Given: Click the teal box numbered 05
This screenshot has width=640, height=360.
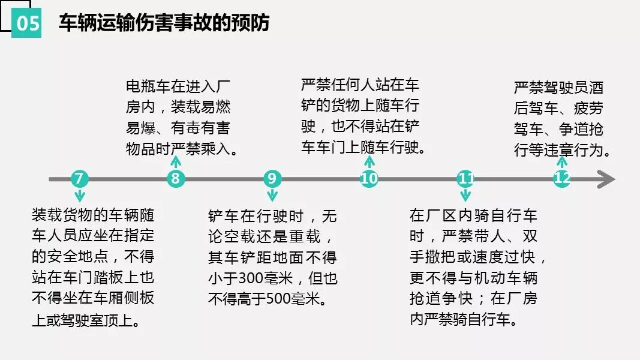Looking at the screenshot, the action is point(27,23).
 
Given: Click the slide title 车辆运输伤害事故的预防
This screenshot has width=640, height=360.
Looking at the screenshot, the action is point(164,23).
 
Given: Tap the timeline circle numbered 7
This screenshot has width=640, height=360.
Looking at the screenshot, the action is point(79,178).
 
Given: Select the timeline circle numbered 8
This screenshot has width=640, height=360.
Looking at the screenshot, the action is point(175,178).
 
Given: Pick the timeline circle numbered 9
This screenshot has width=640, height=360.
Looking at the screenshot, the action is point(272,178).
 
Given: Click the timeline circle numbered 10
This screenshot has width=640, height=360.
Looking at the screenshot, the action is point(369,178).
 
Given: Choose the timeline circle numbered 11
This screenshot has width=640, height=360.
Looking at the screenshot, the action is point(465,178).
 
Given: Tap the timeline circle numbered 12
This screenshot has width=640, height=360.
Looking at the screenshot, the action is point(562,178).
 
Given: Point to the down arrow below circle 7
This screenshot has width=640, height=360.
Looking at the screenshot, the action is point(79,196).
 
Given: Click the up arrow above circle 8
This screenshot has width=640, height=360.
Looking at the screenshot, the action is point(175,161).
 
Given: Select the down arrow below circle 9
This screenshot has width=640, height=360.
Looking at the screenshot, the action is point(272,196).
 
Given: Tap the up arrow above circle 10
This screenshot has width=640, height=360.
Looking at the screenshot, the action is point(369,161).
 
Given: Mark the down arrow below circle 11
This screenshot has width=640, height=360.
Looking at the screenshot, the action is point(465,196).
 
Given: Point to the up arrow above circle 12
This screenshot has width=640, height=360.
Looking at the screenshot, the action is point(562,161).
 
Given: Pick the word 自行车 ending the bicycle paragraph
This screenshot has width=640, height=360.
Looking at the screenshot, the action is point(497,319).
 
